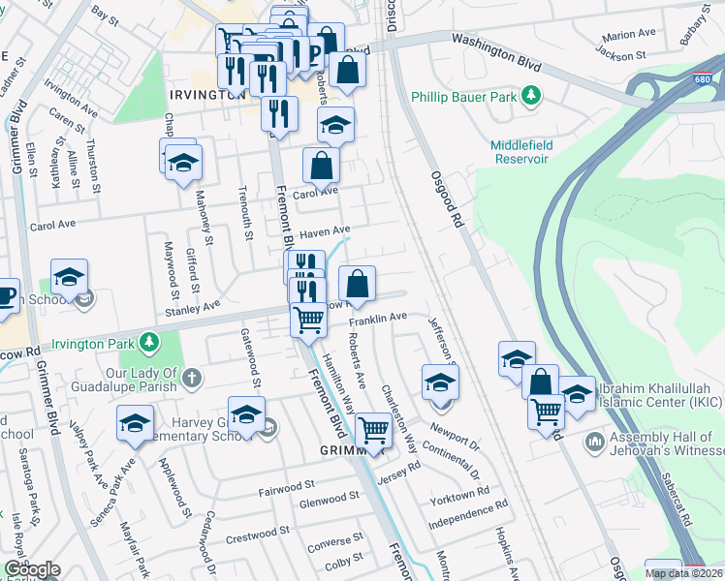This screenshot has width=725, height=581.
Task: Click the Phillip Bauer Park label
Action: click(x=464, y=96)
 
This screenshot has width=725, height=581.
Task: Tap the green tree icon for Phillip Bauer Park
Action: click(x=530, y=95)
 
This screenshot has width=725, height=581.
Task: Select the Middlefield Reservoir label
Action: click(x=520, y=151)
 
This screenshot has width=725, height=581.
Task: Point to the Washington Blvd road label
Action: click(x=494, y=43)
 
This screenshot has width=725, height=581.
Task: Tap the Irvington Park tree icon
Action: click(x=148, y=342)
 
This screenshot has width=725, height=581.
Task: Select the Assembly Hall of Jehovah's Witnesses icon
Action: click(x=594, y=443)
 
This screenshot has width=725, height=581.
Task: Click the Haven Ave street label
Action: click(x=324, y=232)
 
